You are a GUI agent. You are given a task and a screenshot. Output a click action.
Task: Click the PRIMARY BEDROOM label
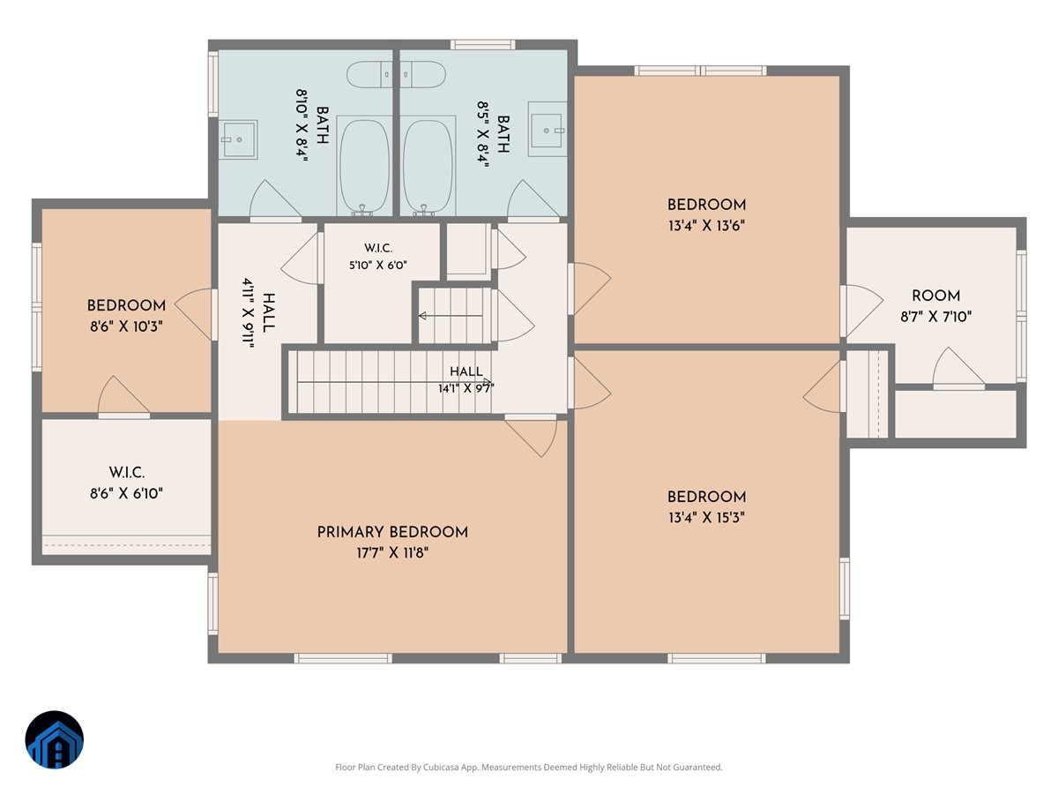click(x=392, y=532)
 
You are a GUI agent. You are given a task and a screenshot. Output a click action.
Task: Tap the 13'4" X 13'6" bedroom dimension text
click(x=706, y=226)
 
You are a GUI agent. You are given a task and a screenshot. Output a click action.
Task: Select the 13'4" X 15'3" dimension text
click(x=706, y=518)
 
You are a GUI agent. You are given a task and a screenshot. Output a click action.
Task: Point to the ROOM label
click(x=935, y=296)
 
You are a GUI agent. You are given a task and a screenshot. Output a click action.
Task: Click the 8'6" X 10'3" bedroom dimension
click(x=126, y=326)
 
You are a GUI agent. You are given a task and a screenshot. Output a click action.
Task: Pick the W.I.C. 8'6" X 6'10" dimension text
click(x=126, y=494)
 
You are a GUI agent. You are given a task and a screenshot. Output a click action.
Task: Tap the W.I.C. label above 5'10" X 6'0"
click(x=378, y=248)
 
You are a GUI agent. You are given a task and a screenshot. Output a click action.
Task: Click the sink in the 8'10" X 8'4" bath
click(x=238, y=139)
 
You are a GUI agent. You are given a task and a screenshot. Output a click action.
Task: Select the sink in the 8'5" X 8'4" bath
click(x=548, y=129)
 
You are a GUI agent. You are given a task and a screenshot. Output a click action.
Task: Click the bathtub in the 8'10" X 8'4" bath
click(x=364, y=167)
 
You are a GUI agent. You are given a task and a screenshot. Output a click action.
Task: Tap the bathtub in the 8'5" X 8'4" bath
click(x=428, y=167)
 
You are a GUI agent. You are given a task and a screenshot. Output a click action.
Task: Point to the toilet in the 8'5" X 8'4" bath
click(x=422, y=75)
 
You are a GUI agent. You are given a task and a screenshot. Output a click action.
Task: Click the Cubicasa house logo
click(x=55, y=739)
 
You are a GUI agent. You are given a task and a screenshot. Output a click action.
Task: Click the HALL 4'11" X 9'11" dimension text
click(x=249, y=313)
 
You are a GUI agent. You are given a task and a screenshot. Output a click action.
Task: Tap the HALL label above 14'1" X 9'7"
click(x=466, y=371)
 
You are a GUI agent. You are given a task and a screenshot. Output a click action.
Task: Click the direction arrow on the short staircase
click(x=451, y=316)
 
